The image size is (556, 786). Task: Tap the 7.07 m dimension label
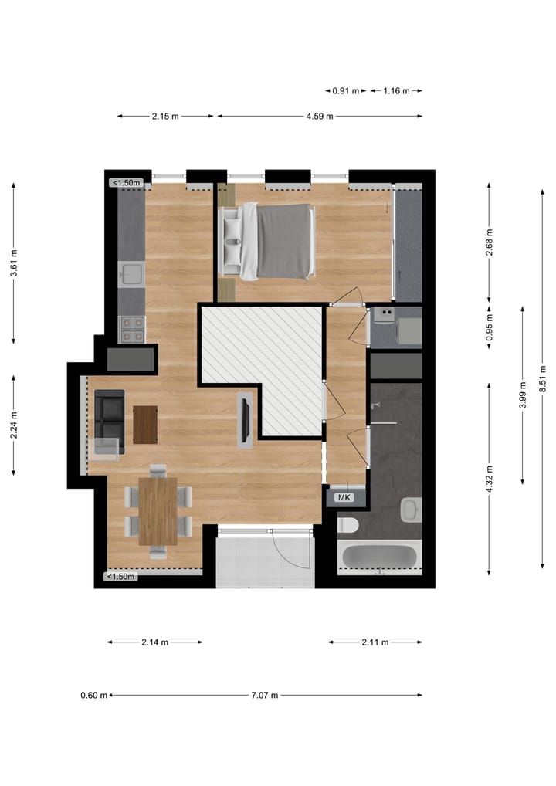tap(264, 695)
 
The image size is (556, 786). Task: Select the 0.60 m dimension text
tap(93, 695)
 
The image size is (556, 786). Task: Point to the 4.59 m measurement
tap(319, 117)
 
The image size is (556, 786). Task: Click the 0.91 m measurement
tap(346, 90)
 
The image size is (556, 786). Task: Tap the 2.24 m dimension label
tap(14, 425)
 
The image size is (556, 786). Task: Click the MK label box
tap(344, 497)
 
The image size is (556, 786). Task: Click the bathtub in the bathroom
tap(380, 557)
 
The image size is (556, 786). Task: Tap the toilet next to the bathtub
tap(348, 526)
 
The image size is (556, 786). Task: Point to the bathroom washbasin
tap(412, 510)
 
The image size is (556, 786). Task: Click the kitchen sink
tap(131, 273)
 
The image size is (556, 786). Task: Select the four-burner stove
tap(131, 330)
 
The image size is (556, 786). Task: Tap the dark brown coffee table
tap(145, 425)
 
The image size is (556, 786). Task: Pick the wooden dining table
tap(158, 510)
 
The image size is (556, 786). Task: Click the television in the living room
tap(245, 420)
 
